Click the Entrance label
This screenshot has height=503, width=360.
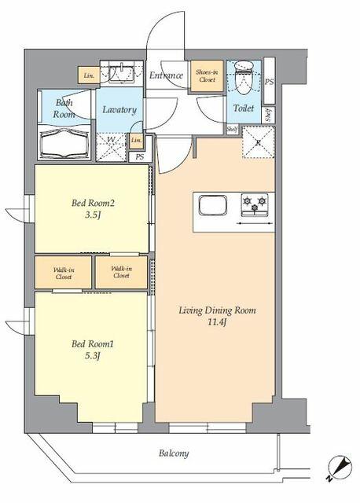(166, 75)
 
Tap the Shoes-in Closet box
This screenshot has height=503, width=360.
(206, 76)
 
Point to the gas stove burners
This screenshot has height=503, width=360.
(254, 203)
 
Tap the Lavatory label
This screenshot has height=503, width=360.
(119, 110)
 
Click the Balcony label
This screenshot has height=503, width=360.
(173, 453)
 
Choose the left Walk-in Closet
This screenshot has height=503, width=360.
(64, 274)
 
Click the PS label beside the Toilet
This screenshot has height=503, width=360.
(269, 82)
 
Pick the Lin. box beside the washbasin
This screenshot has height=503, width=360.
(88, 75)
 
